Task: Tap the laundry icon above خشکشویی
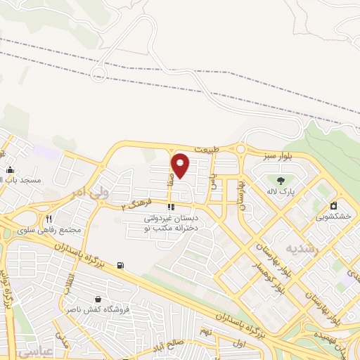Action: pos(334,206)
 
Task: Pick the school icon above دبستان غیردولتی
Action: pos(170,207)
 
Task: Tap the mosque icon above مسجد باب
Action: pos(10,169)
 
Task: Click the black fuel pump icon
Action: pos(121,265)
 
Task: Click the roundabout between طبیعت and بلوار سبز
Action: pos(241,149)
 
